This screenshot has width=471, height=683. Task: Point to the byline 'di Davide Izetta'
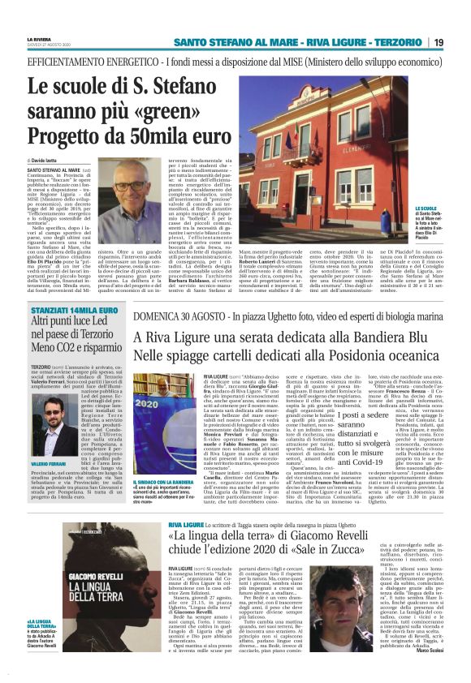pyautogui.click(x=50, y=162)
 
